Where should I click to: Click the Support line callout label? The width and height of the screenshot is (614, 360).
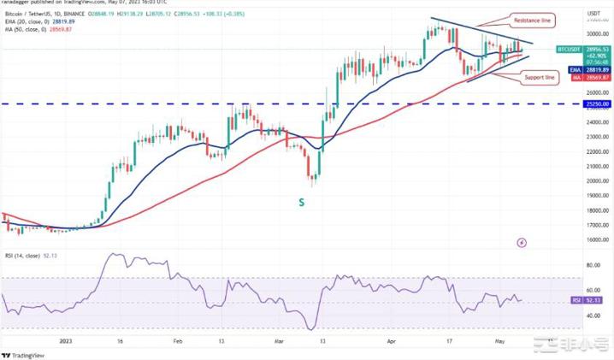click(539, 77)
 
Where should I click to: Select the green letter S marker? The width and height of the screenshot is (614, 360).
click(300, 202)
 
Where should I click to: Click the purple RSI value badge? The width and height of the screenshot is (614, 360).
click(577, 300)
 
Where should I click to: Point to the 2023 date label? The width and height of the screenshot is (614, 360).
click(66, 339)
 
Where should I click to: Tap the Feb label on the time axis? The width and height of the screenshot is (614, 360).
click(178, 339)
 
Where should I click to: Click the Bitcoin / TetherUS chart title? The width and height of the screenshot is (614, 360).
click(34, 15)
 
